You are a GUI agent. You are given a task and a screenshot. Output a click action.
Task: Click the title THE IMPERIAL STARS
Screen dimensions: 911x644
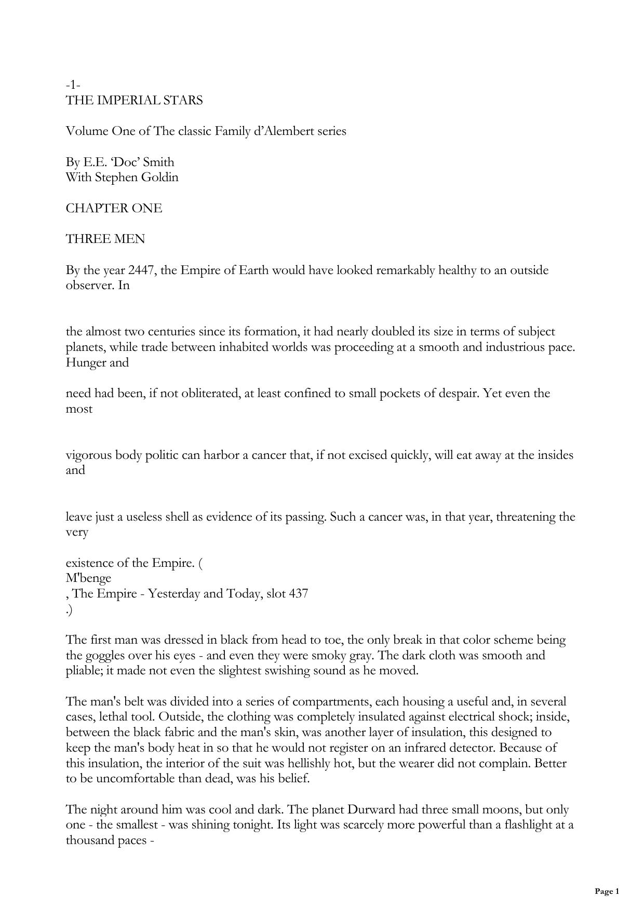coord(134,100)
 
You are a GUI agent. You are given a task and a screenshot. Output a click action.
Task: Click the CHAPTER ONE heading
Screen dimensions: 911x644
coord(114,208)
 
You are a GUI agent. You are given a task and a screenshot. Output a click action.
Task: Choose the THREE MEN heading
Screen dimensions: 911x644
coord(105,239)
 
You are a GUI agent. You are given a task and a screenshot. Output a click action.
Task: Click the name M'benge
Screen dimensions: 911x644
coord(88,578)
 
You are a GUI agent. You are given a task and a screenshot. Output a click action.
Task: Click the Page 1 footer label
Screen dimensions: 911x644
coord(607,892)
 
